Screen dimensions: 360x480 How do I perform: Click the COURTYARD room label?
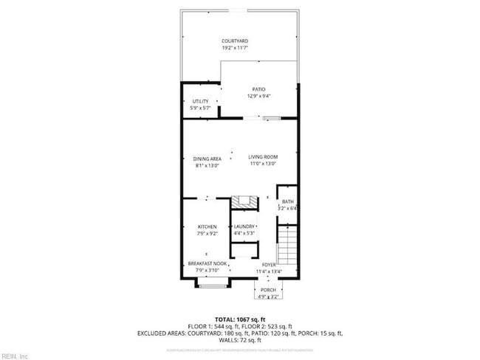click(235, 41)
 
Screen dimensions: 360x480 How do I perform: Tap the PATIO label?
click(258, 89)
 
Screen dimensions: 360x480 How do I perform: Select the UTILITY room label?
click(200, 101)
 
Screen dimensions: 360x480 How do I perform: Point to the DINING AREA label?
click(207, 158)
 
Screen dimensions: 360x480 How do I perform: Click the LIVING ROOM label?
click(262, 158)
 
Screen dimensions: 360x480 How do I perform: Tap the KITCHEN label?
click(206, 226)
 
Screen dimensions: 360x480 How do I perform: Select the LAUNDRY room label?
click(244, 226)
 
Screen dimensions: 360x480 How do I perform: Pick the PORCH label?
click(267, 290)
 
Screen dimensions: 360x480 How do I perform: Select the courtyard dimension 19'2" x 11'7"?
click(235, 48)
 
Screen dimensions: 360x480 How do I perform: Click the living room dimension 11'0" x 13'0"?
click(262, 164)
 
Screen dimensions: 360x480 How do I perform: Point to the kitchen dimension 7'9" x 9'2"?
click(206, 233)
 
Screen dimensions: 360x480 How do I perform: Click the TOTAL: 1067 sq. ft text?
click(240, 318)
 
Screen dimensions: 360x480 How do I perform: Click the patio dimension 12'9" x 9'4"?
click(258, 96)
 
